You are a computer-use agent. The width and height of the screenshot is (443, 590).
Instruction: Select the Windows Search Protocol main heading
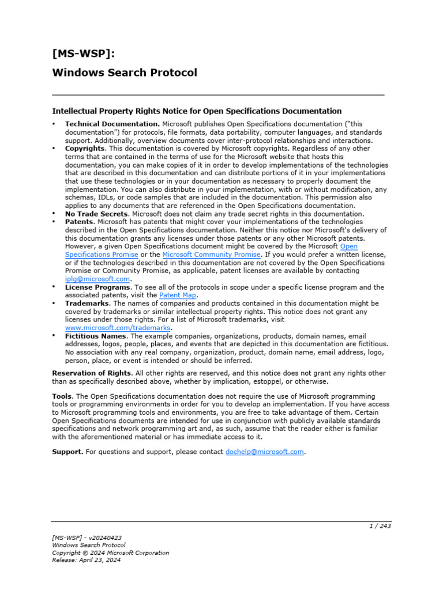[125, 73]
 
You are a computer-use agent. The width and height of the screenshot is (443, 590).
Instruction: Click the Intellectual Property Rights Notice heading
[197, 111]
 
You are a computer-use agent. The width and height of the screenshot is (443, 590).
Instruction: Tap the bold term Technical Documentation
[112, 124]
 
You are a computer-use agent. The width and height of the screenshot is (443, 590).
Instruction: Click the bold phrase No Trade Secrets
[96, 214]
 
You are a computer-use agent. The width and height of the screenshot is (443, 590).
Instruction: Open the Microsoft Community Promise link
[212, 254]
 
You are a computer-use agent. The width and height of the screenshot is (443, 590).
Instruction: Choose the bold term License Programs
[97, 287]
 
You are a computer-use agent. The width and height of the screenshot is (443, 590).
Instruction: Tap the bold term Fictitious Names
[96, 336]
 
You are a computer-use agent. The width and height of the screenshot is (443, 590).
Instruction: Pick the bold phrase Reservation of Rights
[92, 373]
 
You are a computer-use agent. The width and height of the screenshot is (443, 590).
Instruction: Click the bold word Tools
[62, 396]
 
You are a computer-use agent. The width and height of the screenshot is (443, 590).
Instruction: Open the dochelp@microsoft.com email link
[264, 452]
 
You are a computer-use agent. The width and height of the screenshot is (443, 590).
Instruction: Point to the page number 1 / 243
[380, 525]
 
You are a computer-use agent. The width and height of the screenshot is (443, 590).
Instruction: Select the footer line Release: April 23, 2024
[87, 560]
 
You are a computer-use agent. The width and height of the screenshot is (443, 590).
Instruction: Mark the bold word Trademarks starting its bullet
[88, 303]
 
